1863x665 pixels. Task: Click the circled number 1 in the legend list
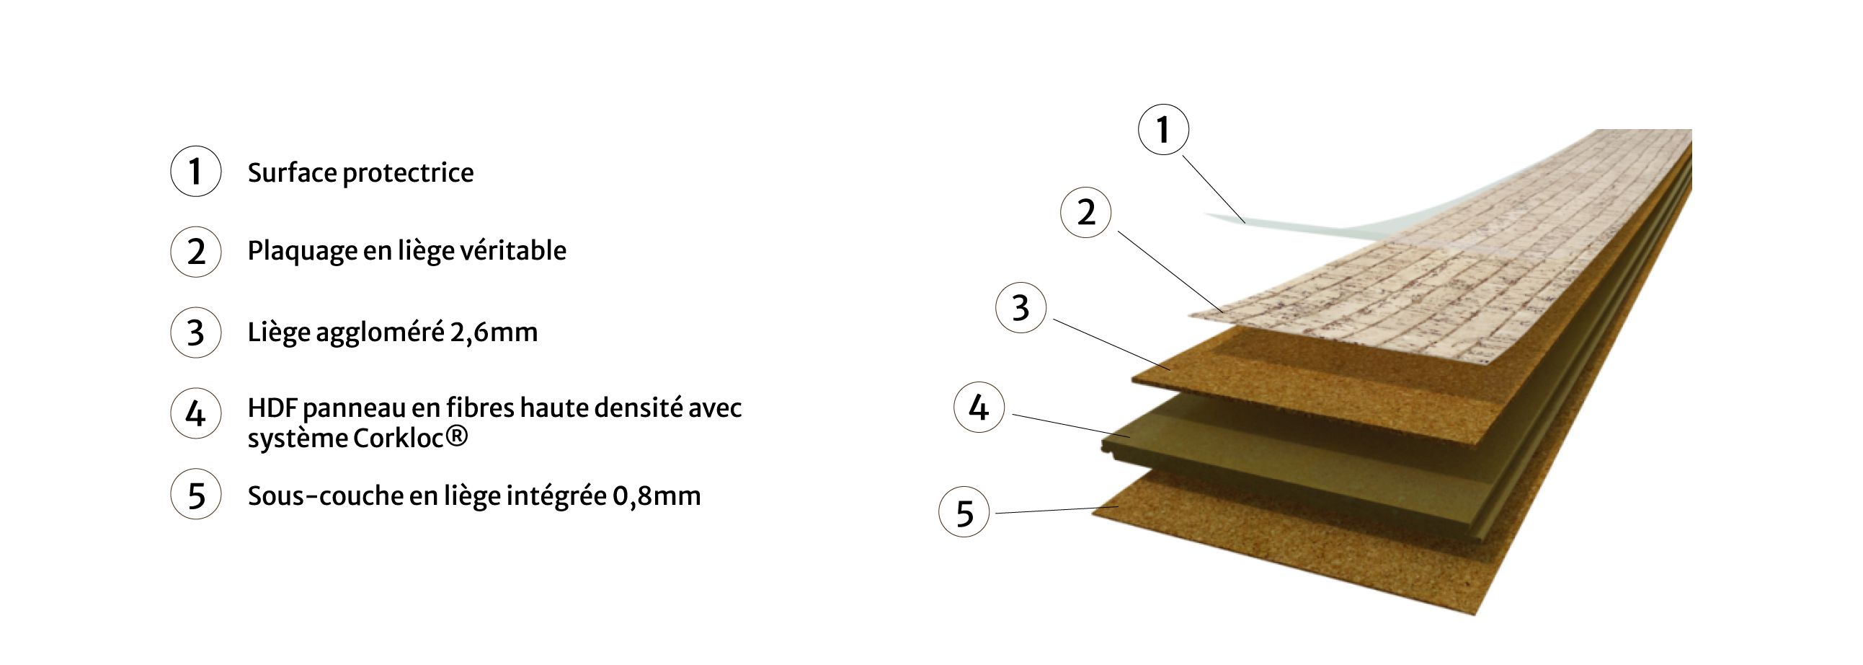pyautogui.click(x=195, y=172)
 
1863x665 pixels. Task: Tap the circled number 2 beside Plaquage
pyautogui.click(x=195, y=252)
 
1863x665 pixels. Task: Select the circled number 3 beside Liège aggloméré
pyautogui.click(x=195, y=333)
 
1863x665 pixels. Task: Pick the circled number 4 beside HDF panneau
pyautogui.click(x=195, y=414)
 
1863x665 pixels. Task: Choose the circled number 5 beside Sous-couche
pyautogui.click(x=195, y=496)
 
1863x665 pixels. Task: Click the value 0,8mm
pyautogui.click(x=657, y=496)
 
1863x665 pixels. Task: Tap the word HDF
pyautogui.click(x=272, y=408)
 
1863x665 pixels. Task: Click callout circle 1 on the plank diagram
pyautogui.click(x=1163, y=131)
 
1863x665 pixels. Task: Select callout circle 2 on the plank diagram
pyautogui.click(x=1085, y=213)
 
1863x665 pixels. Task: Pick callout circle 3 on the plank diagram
pyautogui.click(x=1021, y=307)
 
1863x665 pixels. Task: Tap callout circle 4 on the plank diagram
pyautogui.click(x=979, y=408)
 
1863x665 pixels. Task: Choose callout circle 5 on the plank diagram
pyautogui.click(x=964, y=512)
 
